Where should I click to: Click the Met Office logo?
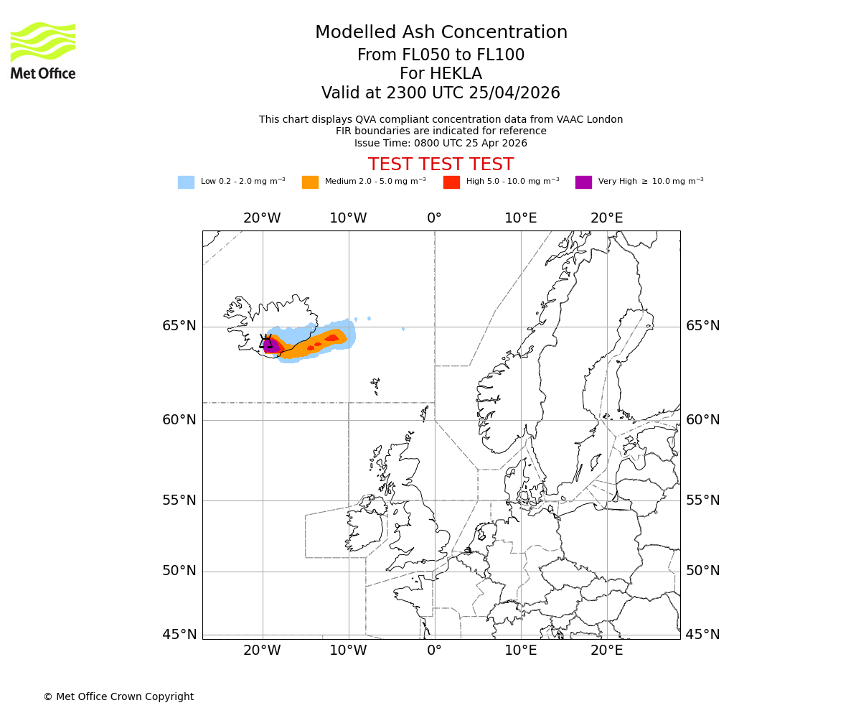pos(43,50)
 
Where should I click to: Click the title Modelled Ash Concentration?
pos(441,32)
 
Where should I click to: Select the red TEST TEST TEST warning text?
pos(441,164)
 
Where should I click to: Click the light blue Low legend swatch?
pos(186,182)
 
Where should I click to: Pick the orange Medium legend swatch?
pos(310,182)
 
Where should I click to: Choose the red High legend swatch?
pos(451,182)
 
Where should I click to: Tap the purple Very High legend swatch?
pos(583,182)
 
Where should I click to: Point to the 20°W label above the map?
pos(262,218)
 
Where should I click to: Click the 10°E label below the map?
pos(521,651)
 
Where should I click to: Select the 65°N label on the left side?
pos(179,326)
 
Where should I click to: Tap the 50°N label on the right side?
pos(702,571)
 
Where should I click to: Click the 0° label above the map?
pos(435,218)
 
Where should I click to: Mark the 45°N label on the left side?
pos(179,635)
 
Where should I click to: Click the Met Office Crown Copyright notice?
pos(118,696)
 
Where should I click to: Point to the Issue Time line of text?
pos(441,143)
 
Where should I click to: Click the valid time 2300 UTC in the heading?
pos(415,93)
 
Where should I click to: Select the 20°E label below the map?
pos(607,651)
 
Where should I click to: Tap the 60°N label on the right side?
pos(702,420)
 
